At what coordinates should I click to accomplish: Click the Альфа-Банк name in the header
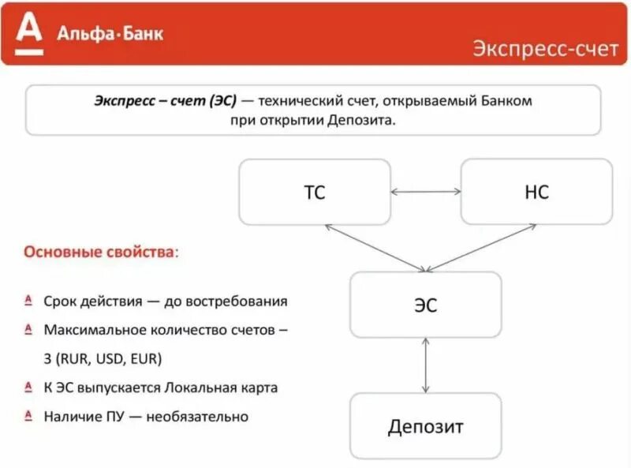(x=110, y=32)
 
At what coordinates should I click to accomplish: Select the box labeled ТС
(x=315, y=192)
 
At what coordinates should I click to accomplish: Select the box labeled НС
(x=536, y=192)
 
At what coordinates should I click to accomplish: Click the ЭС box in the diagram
(x=425, y=305)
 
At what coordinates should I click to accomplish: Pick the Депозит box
(x=425, y=427)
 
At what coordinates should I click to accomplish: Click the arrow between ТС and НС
(x=426, y=191)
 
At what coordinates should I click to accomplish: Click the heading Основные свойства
(x=100, y=253)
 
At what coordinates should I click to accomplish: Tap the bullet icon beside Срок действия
(x=28, y=301)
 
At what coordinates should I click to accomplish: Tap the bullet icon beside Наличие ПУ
(x=28, y=415)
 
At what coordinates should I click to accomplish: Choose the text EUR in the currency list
(x=147, y=359)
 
